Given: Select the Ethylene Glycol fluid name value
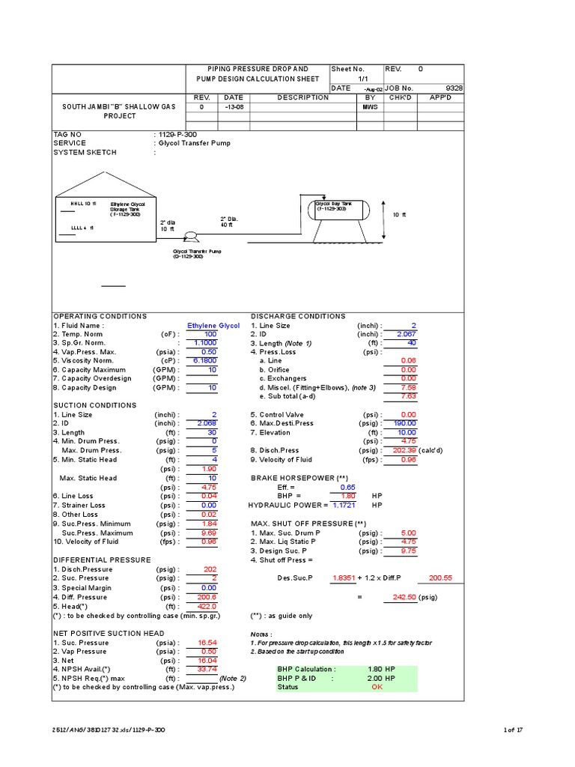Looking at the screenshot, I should pyautogui.click(x=213, y=326).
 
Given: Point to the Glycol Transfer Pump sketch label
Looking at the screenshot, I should pyautogui.click(x=198, y=252).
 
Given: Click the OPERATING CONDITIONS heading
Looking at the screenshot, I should pyautogui.click(x=100, y=316).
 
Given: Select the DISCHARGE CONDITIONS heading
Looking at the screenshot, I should pyautogui.click(x=298, y=316).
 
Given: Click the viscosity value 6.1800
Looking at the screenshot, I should pyautogui.click(x=204, y=360).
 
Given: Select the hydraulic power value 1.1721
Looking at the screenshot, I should pyautogui.click(x=347, y=505).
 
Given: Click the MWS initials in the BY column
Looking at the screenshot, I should pyautogui.click(x=370, y=106).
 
